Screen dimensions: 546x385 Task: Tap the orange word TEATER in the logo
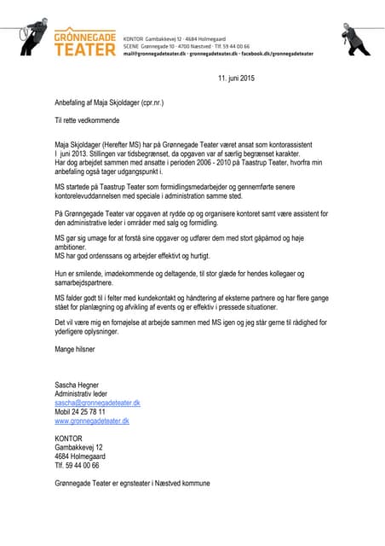[84, 49]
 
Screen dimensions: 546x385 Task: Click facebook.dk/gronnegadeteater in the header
[277, 53]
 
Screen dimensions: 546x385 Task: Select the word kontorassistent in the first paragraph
[296, 144]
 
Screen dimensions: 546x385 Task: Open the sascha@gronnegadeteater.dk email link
[97, 403]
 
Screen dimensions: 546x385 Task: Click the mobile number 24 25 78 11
[95, 411]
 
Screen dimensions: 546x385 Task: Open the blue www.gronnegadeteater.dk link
[92, 421]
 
